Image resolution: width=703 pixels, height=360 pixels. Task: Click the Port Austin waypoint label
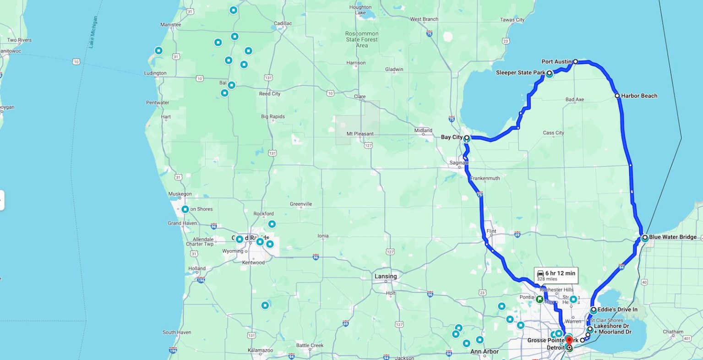[x=556, y=62]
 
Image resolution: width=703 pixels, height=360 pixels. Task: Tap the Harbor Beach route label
[x=639, y=96]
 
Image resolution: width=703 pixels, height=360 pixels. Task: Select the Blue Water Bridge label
[x=672, y=237]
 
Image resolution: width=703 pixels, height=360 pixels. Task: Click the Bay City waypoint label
[x=452, y=137]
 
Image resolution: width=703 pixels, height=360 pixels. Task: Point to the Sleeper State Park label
[x=520, y=73]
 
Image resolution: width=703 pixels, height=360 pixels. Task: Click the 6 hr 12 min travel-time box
[x=557, y=275]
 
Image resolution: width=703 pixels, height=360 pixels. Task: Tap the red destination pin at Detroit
[x=569, y=340]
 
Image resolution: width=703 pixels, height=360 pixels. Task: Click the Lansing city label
[x=385, y=276]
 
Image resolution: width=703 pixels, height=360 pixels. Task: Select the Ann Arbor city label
[x=484, y=352]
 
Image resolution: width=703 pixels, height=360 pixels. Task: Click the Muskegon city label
[x=180, y=194]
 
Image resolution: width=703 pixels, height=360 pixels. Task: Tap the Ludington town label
[x=155, y=73]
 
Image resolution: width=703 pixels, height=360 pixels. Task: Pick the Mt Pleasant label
[x=360, y=134]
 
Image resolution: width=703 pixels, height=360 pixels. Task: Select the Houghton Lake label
[x=360, y=10]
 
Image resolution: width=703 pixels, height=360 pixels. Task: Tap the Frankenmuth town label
[x=485, y=178]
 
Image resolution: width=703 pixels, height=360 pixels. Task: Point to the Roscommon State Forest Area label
[x=362, y=39]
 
